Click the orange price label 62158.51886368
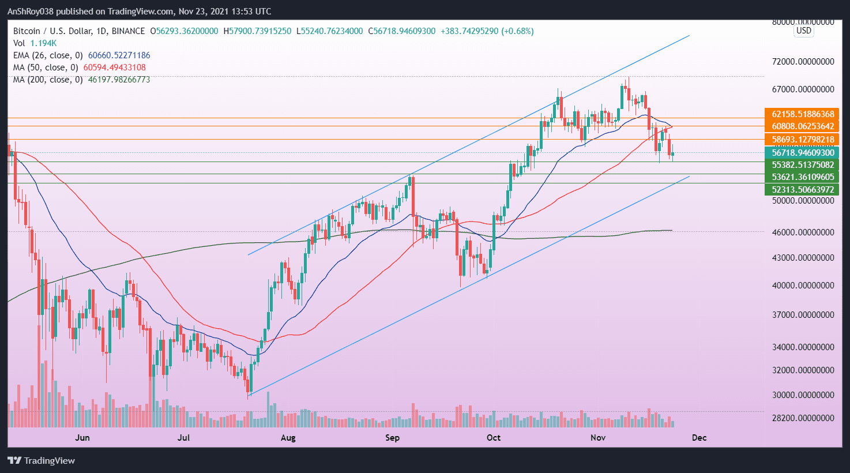(x=802, y=114)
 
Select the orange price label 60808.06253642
(x=802, y=126)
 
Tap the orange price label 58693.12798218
(x=802, y=140)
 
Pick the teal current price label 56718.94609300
(x=802, y=153)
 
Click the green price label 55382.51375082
(x=802, y=165)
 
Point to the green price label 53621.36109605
(x=802, y=177)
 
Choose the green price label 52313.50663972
(x=802, y=190)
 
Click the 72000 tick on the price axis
(x=803, y=62)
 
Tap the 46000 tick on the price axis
(x=803, y=232)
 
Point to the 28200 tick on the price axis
(x=803, y=418)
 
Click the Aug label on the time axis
(x=288, y=438)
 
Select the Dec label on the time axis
(x=699, y=438)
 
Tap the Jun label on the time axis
(x=82, y=438)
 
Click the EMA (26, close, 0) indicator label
(x=48, y=55)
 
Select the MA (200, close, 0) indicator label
(x=48, y=80)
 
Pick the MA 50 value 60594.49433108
(x=114, y=67)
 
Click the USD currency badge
(x=803, y=31)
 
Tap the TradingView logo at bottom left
(x=42, y=460)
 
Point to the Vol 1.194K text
(x=35, y=43)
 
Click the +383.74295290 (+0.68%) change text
(x=487, y=31)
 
